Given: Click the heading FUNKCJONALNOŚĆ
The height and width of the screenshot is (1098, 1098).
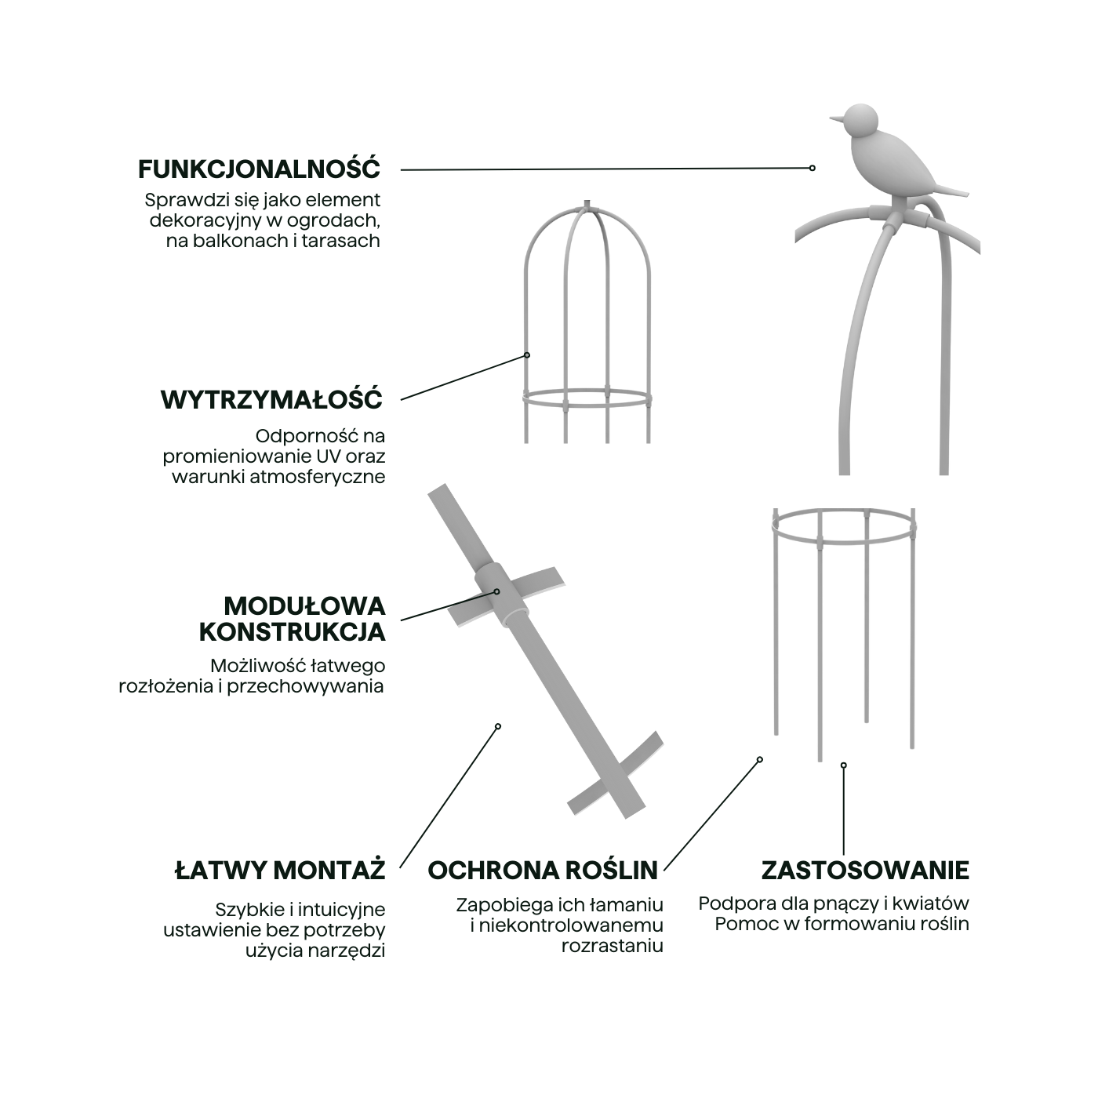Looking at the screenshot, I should coord(259,169).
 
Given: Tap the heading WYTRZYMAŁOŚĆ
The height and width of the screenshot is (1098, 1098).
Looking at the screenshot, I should coord(271,399).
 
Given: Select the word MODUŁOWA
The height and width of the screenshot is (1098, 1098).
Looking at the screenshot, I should coord(304,606).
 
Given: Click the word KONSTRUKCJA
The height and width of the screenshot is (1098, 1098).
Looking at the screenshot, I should coord(292,631).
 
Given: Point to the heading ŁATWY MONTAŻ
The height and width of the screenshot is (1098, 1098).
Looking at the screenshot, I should coord(279,870).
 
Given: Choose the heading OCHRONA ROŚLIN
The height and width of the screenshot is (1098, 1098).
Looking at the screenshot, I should coord(543,870).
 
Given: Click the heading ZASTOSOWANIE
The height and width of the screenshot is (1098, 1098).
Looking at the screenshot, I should coord(865,870).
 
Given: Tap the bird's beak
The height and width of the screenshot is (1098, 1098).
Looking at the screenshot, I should coord(836,119).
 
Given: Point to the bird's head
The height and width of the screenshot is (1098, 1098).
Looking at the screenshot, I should coord(860,120).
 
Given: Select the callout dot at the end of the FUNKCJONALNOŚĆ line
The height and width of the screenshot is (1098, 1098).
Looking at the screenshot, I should coord(813,168).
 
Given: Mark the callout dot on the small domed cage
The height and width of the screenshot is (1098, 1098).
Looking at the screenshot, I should coord(527,355).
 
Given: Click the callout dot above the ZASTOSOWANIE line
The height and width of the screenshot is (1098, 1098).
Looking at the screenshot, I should coord(844,765).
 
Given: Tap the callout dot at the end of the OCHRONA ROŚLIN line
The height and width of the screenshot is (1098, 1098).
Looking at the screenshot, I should coord(760,759).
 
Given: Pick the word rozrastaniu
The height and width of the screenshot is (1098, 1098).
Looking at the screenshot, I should coord(612,946).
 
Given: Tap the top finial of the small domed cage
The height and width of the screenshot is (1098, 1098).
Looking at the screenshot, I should coord(587,205).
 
